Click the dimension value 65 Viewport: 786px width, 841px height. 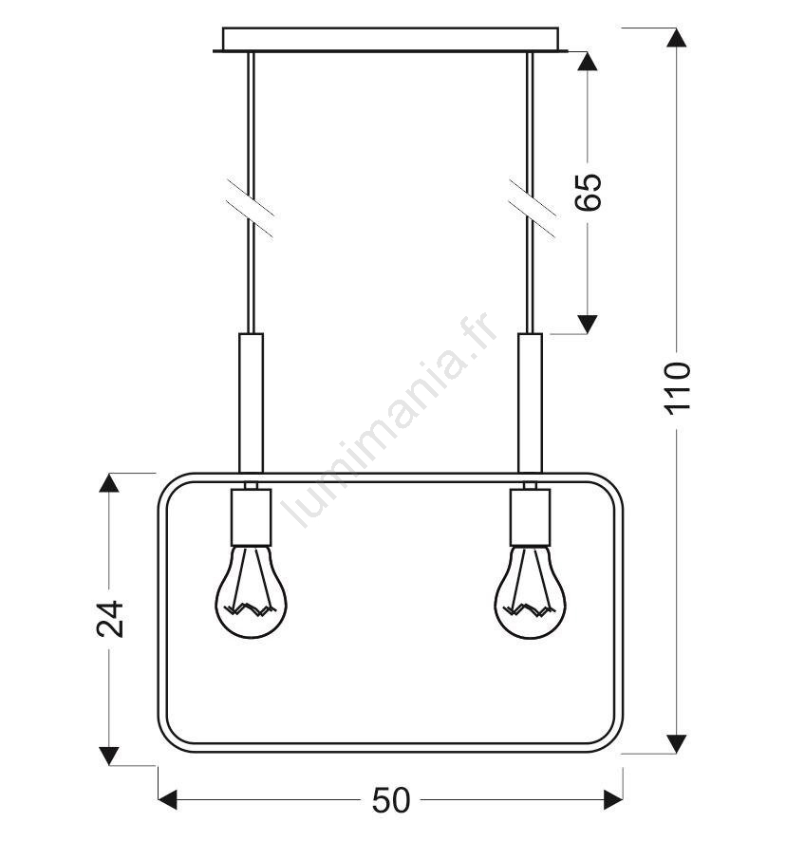pos(588,192)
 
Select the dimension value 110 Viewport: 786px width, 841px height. pos(677,388)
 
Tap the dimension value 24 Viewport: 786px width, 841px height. pos(109,619)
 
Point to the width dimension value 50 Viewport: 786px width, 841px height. pos(391,800)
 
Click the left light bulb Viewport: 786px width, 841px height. pos(252,591)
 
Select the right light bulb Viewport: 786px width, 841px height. pos(530,591)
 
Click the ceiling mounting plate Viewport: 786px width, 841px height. pos(390,40)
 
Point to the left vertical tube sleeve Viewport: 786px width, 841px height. pos(252,403)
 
